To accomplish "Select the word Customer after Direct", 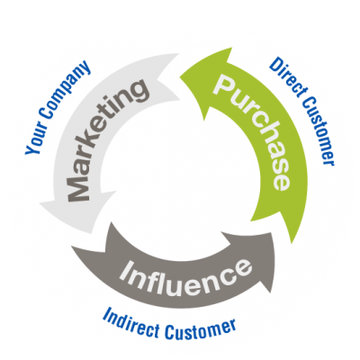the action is tap(319, 130).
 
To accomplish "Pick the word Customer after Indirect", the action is tap(201, 329).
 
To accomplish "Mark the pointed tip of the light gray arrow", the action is tap(40, 203).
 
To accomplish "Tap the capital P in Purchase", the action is tap(224, 85).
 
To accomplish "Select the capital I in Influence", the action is tap(127, 269).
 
